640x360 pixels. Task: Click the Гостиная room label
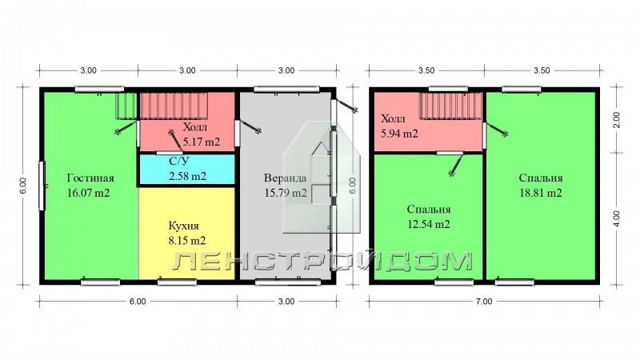(90, 178)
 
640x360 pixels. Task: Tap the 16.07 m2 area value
(88, 193)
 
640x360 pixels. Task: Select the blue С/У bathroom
(187, 169)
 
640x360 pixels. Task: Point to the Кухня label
(183, 226)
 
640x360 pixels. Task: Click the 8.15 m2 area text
(187, 241)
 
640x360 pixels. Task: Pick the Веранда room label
(285, 178)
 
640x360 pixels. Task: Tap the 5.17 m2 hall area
(202, 142)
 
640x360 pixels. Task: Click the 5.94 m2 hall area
(399, 134)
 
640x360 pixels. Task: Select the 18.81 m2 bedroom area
(541, 193)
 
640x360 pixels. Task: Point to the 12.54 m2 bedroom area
(429, 224)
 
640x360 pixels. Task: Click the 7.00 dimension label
(484, 302)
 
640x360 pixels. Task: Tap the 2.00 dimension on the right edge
(617, 120)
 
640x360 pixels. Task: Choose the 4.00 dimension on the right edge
(617, 218)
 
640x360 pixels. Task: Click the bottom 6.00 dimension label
(138, 302)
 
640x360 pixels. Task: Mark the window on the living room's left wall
(42, 186)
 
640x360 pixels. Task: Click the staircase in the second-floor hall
(451, 106)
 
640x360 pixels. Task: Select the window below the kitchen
(177, 282)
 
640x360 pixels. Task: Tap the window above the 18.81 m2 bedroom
(522, 89)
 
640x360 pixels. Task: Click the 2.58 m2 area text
(187, 176)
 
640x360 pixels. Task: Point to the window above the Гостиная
(99, 89)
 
